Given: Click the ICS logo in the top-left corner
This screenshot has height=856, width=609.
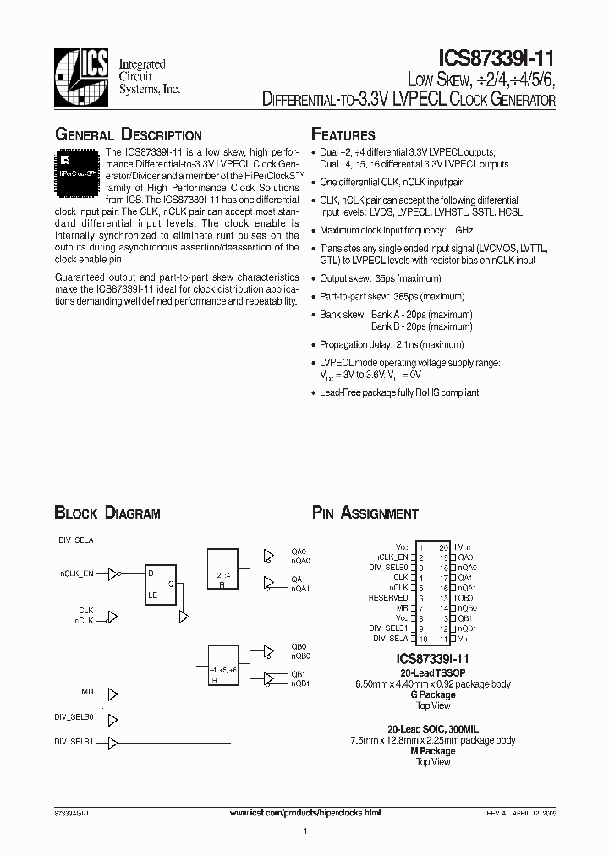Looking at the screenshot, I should [82, 76].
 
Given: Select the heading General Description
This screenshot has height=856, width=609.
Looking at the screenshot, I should [128, 135].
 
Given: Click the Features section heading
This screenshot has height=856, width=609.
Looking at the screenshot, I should [343, 135].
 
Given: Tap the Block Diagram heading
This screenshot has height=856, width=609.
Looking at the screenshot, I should [107, 513].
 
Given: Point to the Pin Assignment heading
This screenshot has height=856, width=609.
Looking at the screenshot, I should [365, 513].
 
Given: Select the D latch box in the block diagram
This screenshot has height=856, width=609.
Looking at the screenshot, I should [162, 583].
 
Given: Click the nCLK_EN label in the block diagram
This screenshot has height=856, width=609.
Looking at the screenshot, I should [76, 573].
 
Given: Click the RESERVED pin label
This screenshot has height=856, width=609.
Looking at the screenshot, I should [390, 597].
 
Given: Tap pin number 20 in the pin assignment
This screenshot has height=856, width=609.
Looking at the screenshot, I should [443, 547].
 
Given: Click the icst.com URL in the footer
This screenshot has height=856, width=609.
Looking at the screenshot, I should [305, 812].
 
